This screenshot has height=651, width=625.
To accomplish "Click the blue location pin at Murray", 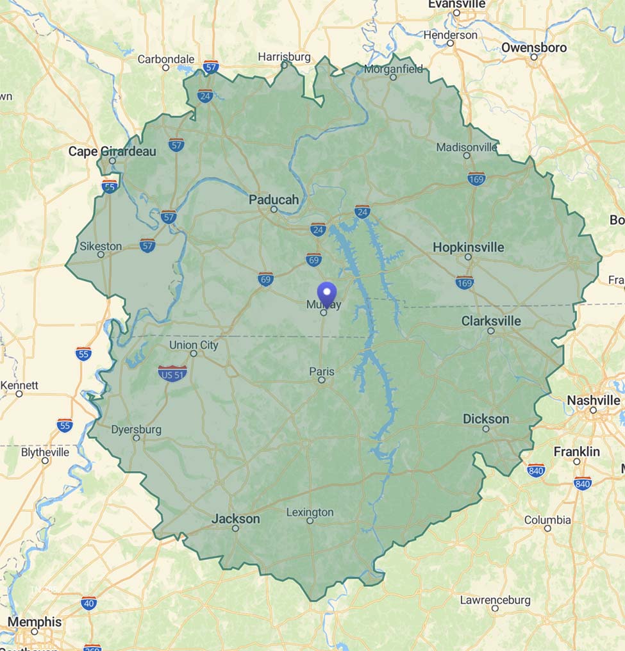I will [328, 295].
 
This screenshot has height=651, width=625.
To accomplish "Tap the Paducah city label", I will [274, 199].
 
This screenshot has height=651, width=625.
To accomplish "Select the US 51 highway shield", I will [172, 373].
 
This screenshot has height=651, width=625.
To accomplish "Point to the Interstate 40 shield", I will [89, 602].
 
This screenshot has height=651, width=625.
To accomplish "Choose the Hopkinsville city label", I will [468, 247].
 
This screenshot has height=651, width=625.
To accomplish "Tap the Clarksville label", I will [491, 320].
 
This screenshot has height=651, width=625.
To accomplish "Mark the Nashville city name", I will [593, 400].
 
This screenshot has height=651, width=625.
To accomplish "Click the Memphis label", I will [35, 622].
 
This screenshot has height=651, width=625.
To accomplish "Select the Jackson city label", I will [236, 518].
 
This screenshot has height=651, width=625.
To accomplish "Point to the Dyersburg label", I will [136, 429].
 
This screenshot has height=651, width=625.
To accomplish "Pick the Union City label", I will [194, 345].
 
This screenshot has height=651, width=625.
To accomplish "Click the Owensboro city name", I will [534, 47].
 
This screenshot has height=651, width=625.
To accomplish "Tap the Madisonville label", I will [466, 147].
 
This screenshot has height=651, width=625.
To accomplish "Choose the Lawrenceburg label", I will [495, 600].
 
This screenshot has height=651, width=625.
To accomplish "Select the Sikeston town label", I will [101, 246].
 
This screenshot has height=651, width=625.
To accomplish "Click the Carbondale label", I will [165, 59].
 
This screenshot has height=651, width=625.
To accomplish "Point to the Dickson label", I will [486, 419].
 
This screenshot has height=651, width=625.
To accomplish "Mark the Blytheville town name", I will [45, 452].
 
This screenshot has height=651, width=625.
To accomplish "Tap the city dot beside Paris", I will [322, 380].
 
